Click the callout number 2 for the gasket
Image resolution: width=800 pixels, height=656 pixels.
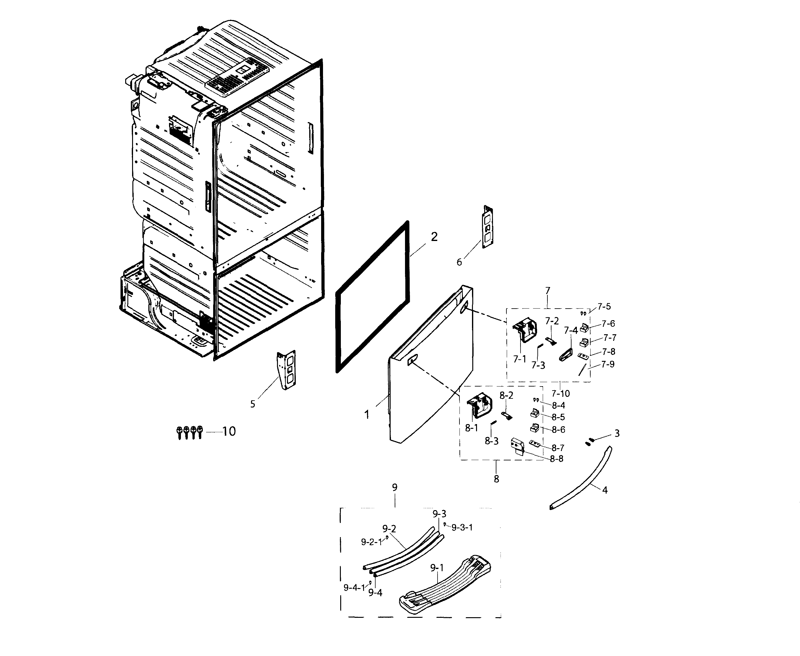[x=434, y=237]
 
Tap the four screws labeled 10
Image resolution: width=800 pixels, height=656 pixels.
[x=190, y=432]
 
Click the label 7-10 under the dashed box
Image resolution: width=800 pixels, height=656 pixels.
[x=561, y=393]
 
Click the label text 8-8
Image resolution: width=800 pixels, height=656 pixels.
[x=556, y=459]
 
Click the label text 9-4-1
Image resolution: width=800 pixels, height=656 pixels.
[x=354, y=587]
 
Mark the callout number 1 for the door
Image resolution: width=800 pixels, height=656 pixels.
[x=367, y=414]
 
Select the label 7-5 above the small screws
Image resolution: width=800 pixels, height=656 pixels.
[x=604, y=306]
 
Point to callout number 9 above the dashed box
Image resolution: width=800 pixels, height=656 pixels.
[x=394, y=488]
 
